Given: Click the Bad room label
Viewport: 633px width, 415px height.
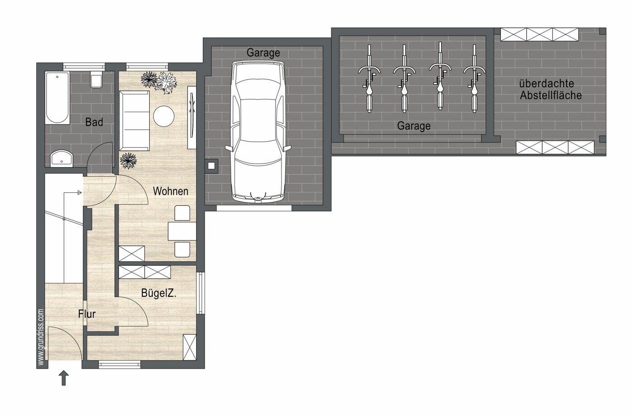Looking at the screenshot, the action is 94,122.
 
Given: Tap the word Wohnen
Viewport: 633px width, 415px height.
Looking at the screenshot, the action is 171,191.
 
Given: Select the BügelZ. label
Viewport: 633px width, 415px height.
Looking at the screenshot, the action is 159,293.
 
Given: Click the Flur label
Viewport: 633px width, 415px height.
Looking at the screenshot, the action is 87,314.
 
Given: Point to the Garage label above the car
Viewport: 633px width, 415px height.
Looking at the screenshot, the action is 263,52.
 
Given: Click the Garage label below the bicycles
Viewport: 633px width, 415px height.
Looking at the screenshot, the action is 414,126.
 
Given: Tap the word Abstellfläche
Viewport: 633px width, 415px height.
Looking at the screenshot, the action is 551,95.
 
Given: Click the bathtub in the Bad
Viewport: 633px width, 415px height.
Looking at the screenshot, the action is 57,98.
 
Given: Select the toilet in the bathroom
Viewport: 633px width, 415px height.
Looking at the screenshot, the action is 96,79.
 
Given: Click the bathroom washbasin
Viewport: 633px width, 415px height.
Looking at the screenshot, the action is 62,159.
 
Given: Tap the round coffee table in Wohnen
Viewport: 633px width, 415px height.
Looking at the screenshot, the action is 164,116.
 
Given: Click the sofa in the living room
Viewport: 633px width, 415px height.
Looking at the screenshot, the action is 134,121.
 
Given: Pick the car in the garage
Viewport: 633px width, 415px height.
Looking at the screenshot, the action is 258,132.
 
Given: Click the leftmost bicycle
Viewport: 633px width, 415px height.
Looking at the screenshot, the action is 369,78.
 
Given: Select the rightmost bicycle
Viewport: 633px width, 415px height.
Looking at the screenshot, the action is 475,78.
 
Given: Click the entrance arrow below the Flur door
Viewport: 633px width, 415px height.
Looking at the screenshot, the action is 64,378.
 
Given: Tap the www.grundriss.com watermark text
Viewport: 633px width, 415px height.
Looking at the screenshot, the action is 41,337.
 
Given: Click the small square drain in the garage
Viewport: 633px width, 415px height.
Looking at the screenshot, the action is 211,166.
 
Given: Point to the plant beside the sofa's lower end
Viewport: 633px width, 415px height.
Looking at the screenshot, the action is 129,161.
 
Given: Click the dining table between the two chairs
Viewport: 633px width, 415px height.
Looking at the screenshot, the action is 182,231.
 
